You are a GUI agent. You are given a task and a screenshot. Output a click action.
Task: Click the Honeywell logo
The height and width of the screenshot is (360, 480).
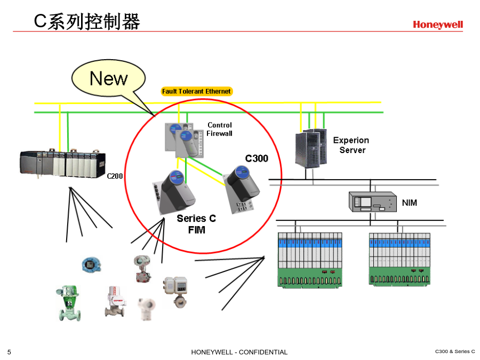click(x=438, y=25)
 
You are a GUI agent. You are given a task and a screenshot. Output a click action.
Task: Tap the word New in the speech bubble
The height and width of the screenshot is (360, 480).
click(x=108, y=78)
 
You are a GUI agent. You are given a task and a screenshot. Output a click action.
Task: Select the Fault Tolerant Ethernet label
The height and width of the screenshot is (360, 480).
click(x=196, y=91)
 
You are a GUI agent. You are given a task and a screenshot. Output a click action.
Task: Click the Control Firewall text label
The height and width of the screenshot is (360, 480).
click(x=220, y=129)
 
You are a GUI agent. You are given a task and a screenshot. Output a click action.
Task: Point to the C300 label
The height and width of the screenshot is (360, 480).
click(x=257, y=158)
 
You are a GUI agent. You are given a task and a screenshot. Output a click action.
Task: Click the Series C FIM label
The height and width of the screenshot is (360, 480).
click(x=196, y=224)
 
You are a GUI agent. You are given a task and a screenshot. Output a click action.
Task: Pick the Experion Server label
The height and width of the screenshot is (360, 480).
click(x=351, y=145)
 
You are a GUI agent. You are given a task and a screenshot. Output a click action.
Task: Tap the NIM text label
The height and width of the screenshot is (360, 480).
click(x=409, y=203)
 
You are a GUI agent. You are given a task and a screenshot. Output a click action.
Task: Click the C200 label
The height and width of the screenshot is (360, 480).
click(x=115, y=176)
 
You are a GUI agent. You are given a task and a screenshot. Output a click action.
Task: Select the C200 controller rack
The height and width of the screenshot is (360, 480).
click(x=62, y=163)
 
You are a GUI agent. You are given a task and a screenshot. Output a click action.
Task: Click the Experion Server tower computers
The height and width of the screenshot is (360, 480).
click(x=311, y=148)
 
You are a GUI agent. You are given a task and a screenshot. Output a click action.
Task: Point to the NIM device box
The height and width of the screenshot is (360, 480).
click(x=373, y=202)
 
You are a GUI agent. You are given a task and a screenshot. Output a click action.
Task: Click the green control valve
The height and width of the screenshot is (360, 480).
click(x=69, y=303)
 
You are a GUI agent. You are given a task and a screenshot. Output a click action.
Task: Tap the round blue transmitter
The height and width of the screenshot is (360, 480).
click(x=91, y=265)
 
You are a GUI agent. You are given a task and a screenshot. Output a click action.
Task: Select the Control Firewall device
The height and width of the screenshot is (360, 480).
click(x=184, y=140)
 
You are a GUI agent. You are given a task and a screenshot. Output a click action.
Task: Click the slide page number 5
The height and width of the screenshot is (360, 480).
click(x=9, y=352)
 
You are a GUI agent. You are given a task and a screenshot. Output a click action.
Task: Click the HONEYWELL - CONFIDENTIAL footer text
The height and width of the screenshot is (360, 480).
click(x=239, y=352)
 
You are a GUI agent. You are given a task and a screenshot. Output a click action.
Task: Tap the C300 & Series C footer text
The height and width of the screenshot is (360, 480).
click(x=455, y=351)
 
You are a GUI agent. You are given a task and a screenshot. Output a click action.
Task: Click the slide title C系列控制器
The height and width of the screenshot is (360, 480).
click(x=87, y=21)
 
